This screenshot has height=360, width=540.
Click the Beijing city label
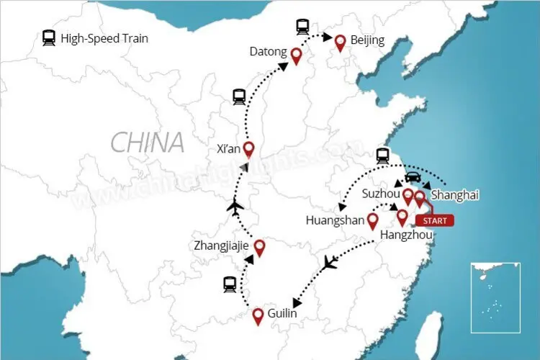pos(367,40)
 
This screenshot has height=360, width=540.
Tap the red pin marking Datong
pos(295,55)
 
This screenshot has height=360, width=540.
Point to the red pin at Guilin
pos(258,315)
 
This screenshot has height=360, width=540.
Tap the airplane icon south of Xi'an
pos(233,208)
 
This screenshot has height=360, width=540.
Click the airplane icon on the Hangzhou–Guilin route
pos(330,262)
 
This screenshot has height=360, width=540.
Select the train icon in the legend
pos(50,37)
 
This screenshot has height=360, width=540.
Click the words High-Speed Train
pos(104,38)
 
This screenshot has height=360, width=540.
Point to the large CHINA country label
pos(148,143)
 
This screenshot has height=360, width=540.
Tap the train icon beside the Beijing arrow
pos(302,27)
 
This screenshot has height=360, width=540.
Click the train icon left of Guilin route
pos(230,285)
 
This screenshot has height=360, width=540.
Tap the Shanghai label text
pos(454,194)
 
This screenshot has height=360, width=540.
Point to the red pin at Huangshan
pos(373,221)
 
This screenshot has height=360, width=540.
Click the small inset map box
pos(495,297)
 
